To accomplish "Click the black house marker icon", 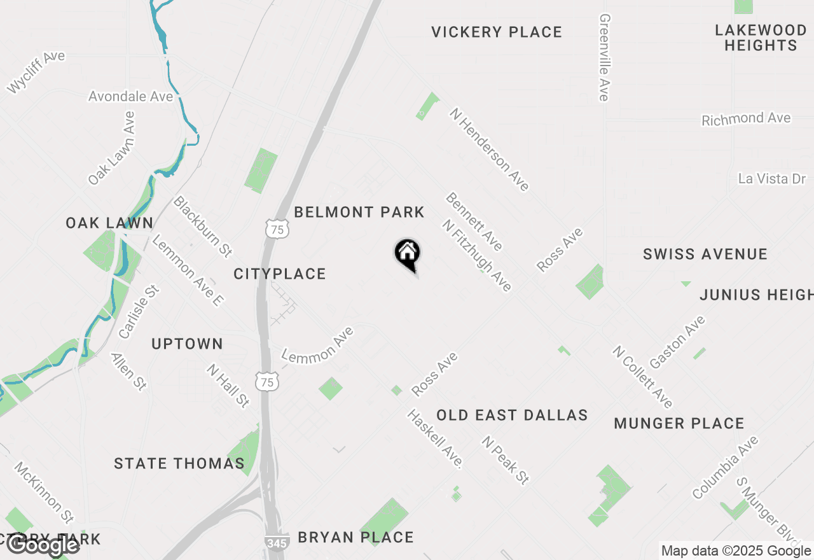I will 407,254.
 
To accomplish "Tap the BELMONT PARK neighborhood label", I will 359,212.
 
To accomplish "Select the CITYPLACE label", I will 280,274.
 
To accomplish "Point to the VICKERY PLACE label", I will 497,32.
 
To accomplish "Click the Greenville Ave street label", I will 604,57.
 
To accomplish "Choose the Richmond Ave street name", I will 746,119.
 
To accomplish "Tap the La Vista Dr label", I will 772,178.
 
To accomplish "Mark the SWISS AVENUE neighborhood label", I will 705,254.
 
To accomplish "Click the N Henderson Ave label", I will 489,149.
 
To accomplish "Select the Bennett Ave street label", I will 474,221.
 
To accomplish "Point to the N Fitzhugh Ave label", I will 478,255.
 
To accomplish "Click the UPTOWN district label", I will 187,344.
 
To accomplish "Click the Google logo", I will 43,545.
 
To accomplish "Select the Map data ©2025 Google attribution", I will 736,551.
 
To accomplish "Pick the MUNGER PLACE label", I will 679,423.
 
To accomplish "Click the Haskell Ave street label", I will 435,438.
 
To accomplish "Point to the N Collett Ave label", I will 642,377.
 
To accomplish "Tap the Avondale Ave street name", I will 130,97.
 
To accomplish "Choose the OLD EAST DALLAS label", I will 512,415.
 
